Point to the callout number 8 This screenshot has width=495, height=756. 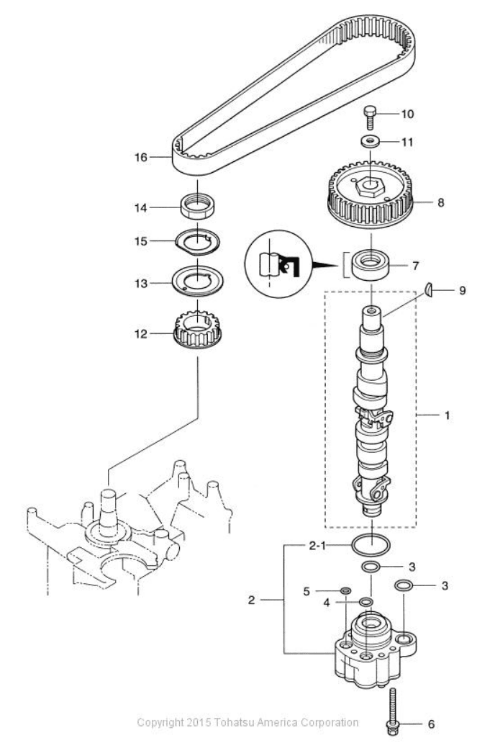(x=441, y=202)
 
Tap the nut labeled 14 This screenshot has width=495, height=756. (x=197, y=208)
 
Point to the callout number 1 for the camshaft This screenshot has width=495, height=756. (x=448, y=415)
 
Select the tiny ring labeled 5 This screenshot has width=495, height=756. (x=347, y=591)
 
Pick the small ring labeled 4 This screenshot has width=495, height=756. (x=366, y=602)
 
